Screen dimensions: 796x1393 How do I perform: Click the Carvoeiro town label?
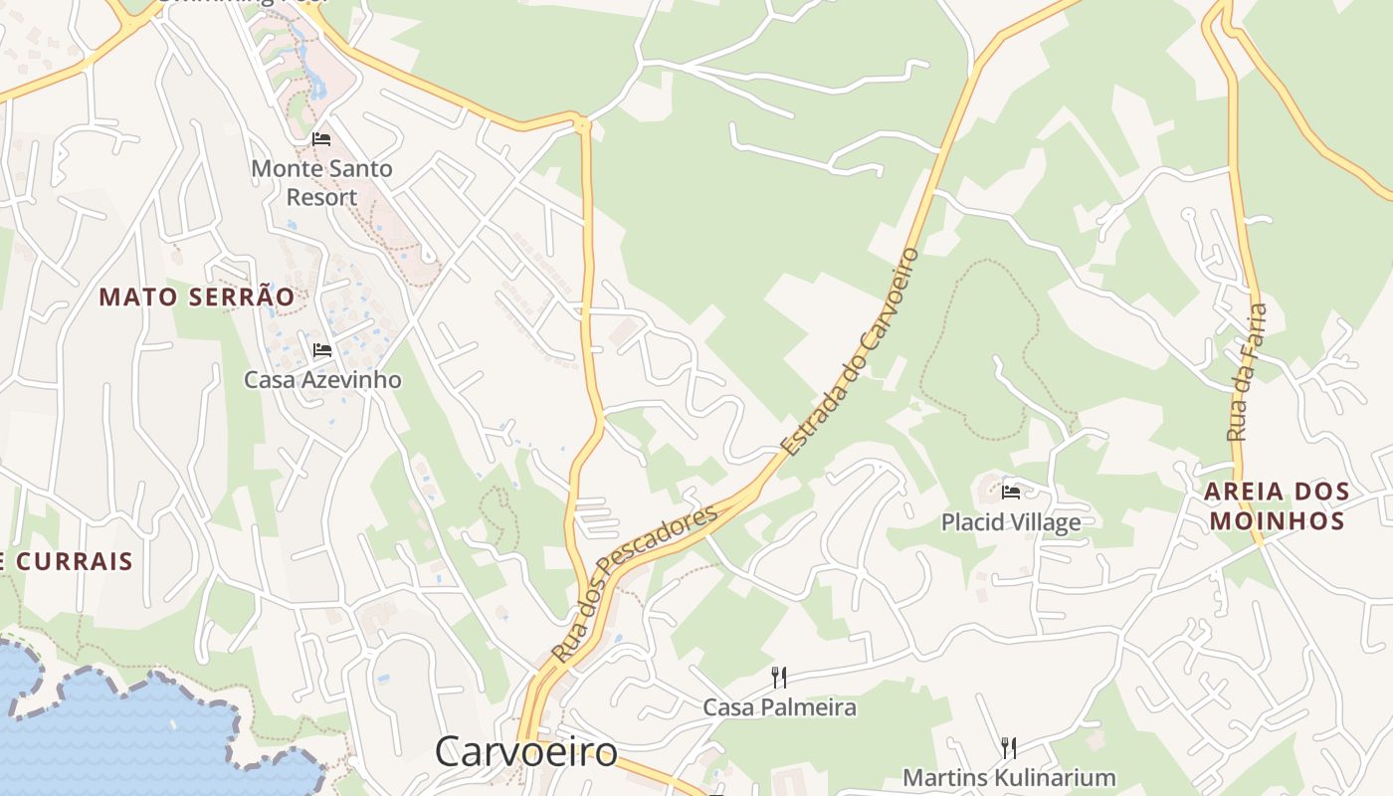click(525, 751)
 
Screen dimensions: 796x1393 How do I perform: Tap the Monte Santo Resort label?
click(321, 182)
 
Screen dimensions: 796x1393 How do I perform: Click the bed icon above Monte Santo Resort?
click(321, 138)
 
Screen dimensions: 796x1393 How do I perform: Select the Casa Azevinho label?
click(322, 379)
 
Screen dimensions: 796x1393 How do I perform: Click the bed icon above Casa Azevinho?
click(321, 350)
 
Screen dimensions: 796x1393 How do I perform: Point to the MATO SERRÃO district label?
click(197, 297)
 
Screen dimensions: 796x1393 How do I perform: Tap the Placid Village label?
click(1010, 521)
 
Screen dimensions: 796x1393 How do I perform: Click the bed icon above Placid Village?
click(1011, 492)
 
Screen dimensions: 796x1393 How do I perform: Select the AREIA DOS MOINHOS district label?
click(1277, 505)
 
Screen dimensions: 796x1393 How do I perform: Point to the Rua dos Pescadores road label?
click(634, 582)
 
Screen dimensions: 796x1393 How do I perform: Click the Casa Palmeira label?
click(779, 707)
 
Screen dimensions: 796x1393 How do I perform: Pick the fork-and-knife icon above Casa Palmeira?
click(779, 678)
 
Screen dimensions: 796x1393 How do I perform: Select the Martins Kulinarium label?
click(1009, 777)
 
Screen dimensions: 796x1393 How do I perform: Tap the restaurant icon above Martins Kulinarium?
click(1008, 747)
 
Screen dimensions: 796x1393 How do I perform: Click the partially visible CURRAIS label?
click(66, 561)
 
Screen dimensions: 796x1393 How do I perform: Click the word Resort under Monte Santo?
click(321, 197)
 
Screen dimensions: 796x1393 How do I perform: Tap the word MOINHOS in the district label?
click(1277, 520)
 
